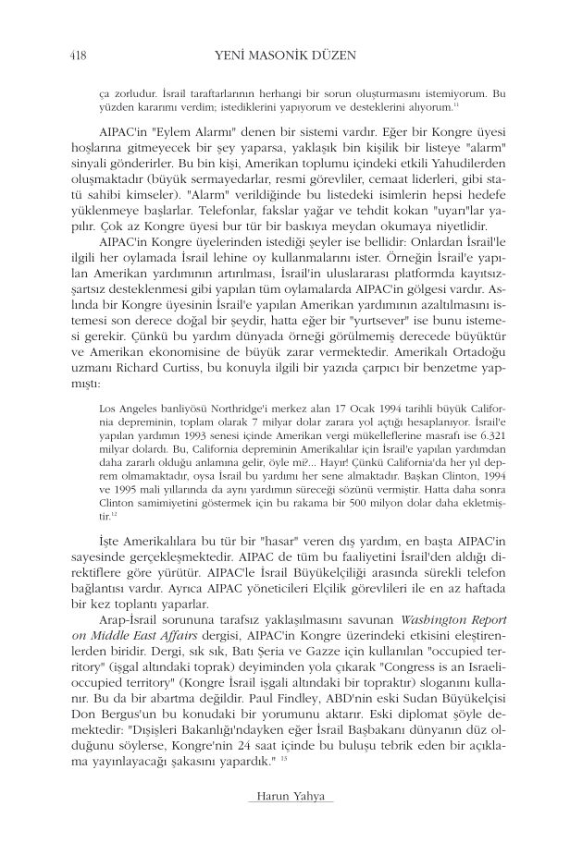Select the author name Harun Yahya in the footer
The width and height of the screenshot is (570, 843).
tap(285, 798)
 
